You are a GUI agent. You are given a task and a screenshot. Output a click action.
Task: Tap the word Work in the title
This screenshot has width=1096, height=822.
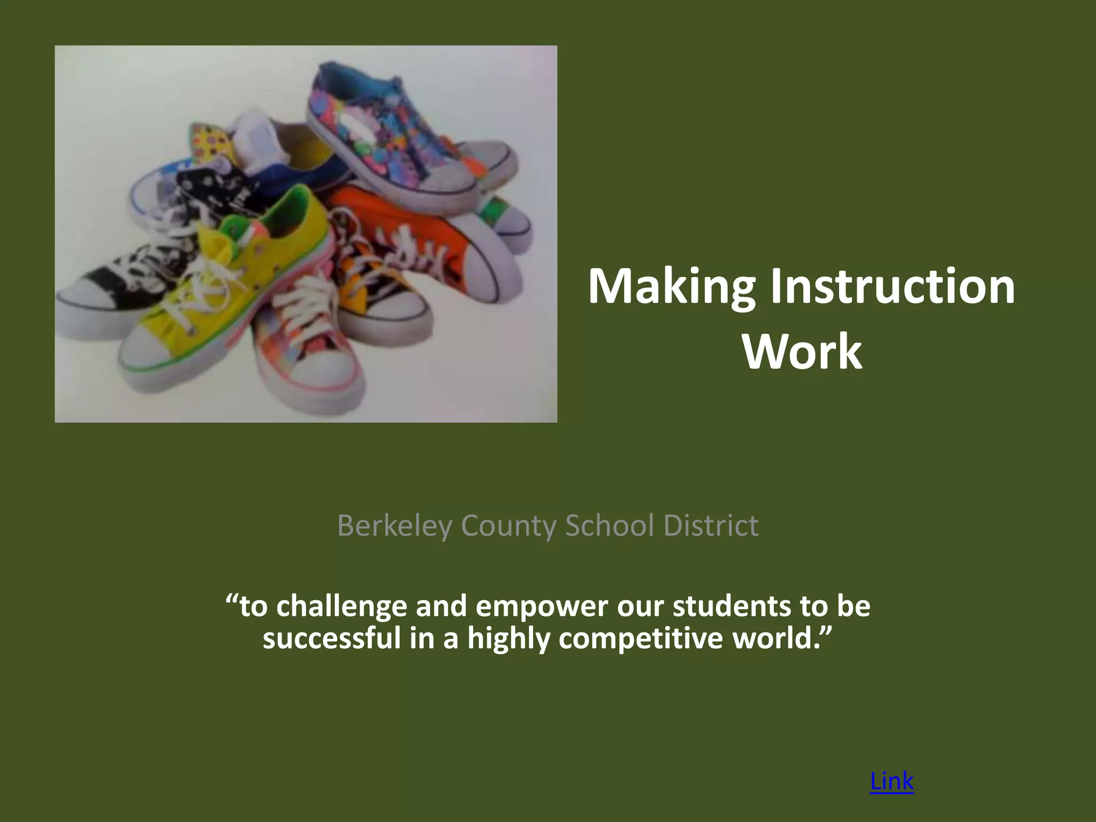click(802, 352)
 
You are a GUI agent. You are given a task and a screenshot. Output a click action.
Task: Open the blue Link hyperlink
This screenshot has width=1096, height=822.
click(892, 781)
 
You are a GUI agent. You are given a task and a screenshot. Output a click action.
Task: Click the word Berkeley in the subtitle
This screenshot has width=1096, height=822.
click(395, 526)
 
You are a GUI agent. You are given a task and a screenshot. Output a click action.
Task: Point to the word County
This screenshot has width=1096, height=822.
click(508, 526)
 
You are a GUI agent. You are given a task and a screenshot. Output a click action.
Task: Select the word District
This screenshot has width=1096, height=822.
click(711, 526)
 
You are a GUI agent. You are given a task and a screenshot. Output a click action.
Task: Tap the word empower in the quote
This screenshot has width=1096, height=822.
click(542, 606)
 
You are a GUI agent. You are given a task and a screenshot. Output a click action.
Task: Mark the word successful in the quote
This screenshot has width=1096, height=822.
click(332, 638)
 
